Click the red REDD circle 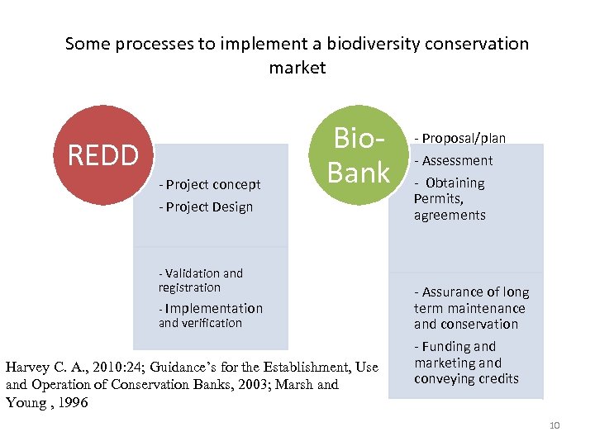103,155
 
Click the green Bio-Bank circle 359,155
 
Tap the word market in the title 297,68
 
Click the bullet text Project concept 213,185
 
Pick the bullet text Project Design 209,207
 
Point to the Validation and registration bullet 200,280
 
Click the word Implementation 214,309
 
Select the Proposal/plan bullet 460,138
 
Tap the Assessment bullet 454,160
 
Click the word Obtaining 455,183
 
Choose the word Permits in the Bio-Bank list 438,199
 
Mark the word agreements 450,216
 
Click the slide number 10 554,425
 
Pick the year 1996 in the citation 73,403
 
